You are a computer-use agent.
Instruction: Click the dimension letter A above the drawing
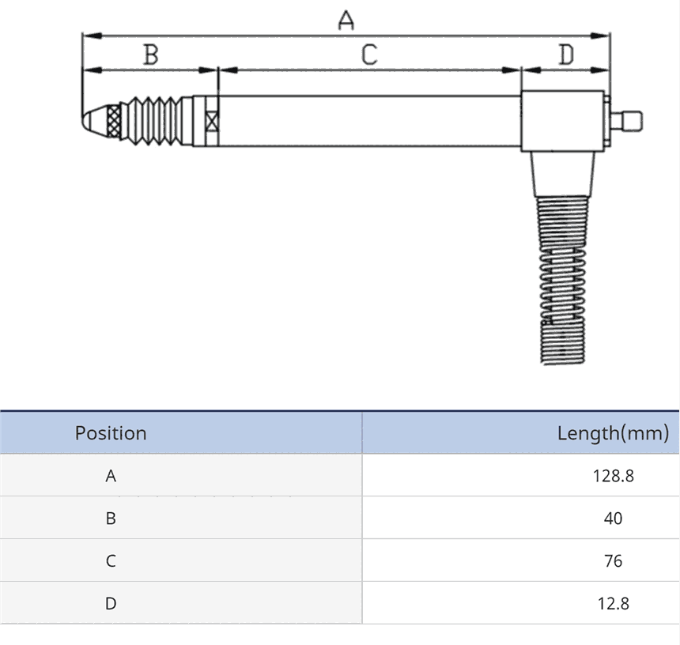(x=346, y=21)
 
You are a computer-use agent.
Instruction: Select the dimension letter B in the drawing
(x=151, y=55)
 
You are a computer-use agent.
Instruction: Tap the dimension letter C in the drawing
(x=369, y=55)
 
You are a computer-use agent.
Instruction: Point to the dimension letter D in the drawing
(x=566, y=55)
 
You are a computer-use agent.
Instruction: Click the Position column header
(x=111, y=433)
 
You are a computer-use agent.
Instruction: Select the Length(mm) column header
(x=613, y=433)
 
